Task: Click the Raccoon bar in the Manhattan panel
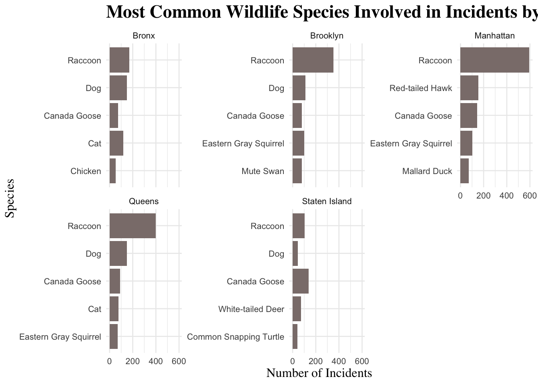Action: coord(494,60)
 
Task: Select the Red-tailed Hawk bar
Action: coord(469,88)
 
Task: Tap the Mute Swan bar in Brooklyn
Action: coord(297,171)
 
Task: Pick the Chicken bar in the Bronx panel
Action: coord(112,171)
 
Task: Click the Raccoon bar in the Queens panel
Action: coord(132,226)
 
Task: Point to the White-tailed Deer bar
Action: coord(297,309)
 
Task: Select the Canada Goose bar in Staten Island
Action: coord(300,281)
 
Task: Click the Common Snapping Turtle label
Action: coord(235,336)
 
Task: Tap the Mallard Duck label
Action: coord(427,171)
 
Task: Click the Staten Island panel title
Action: coord(327,201)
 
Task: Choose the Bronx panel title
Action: coord(144,36)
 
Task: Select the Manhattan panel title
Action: coord(494,36)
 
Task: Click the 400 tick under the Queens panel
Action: coord(156,361)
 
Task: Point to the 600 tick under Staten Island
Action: coord(362,361)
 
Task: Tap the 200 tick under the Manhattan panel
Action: coord(483,195)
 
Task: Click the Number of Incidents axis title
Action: coord(319,373)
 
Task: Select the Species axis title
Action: coord(10,198)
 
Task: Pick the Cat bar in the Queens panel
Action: coord(114,309)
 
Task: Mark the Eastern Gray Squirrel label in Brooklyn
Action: coord(243,144)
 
